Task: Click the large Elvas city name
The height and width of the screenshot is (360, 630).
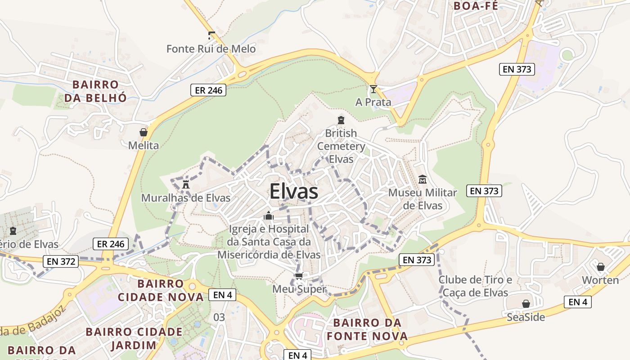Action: (x=294, y=192)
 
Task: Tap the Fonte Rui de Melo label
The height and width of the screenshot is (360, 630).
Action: (x=211, y=49)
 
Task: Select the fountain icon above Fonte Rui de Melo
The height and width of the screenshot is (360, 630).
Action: (x=211, y=35)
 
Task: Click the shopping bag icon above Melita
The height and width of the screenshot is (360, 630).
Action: (x=144, y=132)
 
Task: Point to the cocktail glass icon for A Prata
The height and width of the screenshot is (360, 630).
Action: (x=373, y=89)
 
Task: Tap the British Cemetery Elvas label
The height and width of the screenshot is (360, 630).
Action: (x=341, y=146)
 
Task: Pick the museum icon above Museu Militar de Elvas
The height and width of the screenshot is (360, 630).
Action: (x=422, y=180)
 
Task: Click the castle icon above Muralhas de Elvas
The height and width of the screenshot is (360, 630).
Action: (x=185, y=184)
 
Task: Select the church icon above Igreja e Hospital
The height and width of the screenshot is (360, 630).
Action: (x=269, y=216)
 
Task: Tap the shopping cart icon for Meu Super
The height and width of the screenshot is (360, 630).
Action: (x=299, y=276)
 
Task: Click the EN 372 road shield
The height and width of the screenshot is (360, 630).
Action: (x=61, y=261)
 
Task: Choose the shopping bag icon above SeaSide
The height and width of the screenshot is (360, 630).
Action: (x=526, y=304)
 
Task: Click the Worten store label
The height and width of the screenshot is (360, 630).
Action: (x=600, y=280)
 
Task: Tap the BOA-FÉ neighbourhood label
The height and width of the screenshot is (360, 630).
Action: (x=476, y=6)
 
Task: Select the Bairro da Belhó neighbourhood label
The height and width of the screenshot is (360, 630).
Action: (x=95, y=91)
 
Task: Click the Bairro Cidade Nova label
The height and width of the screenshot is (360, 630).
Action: (x=161, y=290)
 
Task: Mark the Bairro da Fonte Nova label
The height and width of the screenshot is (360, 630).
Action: (x=367, y=329)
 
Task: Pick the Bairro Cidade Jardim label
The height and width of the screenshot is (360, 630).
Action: (x=134, y=338)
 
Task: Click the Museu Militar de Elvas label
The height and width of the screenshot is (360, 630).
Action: (x=422, y=199)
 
